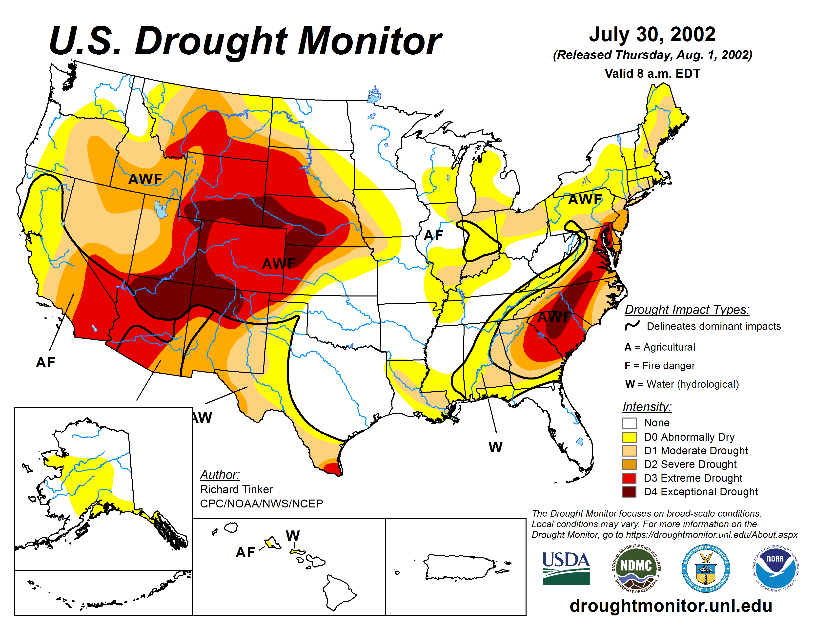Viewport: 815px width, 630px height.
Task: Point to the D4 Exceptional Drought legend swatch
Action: (629, 492)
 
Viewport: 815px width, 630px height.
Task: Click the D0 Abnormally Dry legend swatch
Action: (629, 437)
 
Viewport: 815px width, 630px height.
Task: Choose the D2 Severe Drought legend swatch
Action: (629, 464)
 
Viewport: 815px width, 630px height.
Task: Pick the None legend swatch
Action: (629, 423)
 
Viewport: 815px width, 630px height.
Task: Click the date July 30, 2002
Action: (652, 34)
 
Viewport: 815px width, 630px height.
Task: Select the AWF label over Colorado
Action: (279, 264)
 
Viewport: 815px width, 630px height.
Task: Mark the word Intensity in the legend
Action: (647, 406)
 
